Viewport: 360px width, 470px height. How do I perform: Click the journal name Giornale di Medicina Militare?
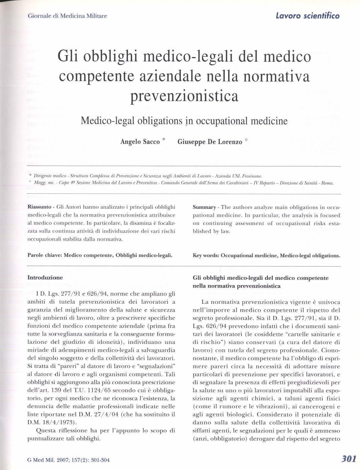[x=67, y=16]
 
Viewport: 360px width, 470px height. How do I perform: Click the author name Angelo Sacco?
[x=140, y=142]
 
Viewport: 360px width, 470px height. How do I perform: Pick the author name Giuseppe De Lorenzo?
[x=210, y=142]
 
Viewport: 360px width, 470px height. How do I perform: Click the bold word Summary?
[x=204, y=207]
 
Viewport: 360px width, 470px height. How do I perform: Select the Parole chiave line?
[x=100, y=255]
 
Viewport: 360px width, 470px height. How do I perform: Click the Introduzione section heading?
[x=45, y=278]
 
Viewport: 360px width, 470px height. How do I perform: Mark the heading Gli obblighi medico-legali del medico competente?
[x=261, y=278]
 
